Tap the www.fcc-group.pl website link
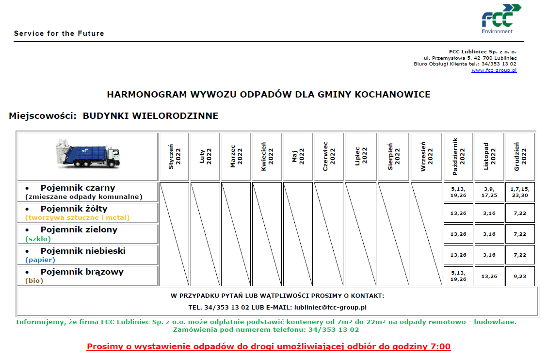click(494, 70)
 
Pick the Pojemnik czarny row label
click(78, 188)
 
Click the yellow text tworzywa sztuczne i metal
click(78, 217)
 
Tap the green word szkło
click(38, 239)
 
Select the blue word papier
click(40, 260)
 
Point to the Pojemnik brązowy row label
click(81, 272)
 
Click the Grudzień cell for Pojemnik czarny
click(520, 192)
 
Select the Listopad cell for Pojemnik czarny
click(489, 192)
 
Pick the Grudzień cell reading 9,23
click(520, 276)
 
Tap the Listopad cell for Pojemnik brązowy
click(489, 276)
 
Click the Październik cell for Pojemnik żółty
click(458, 213)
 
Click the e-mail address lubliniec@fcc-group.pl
click(330, 307)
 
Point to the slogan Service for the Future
click(59, 33)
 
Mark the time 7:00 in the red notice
click(440, 346)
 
